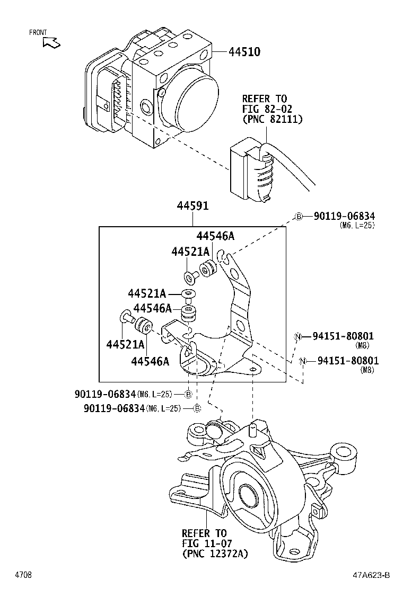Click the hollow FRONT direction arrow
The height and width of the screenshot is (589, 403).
point(52,42)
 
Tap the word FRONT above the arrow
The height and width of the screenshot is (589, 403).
point(38,32)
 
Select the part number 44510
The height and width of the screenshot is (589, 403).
point(244,52)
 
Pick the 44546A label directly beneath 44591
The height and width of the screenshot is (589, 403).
point(215,236)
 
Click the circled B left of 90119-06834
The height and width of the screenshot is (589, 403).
point(299,216)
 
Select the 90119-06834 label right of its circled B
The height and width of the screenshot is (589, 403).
point(344,216)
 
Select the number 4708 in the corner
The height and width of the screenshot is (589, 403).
point(23,575)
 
